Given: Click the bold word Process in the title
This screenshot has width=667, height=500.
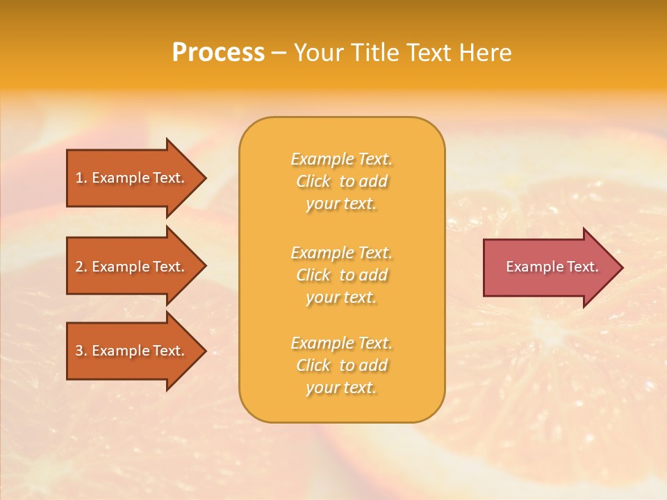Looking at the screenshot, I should pos(218,53).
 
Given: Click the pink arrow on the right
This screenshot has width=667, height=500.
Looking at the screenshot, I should pos(549,267).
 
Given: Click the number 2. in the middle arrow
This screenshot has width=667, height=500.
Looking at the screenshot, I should pos(81,267).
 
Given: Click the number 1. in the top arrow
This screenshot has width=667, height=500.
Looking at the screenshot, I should pos(81,178).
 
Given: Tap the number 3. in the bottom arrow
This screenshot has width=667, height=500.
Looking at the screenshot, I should pos(81,351).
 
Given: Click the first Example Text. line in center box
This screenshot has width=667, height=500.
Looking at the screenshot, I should pos(342,159).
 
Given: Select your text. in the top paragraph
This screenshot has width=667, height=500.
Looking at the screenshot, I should pos(342,204).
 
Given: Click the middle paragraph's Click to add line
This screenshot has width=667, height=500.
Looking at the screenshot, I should pos(342,275).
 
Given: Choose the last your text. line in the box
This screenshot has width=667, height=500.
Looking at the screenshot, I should pos(342,388).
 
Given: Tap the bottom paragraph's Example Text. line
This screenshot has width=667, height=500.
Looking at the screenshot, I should pos(342,343).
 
